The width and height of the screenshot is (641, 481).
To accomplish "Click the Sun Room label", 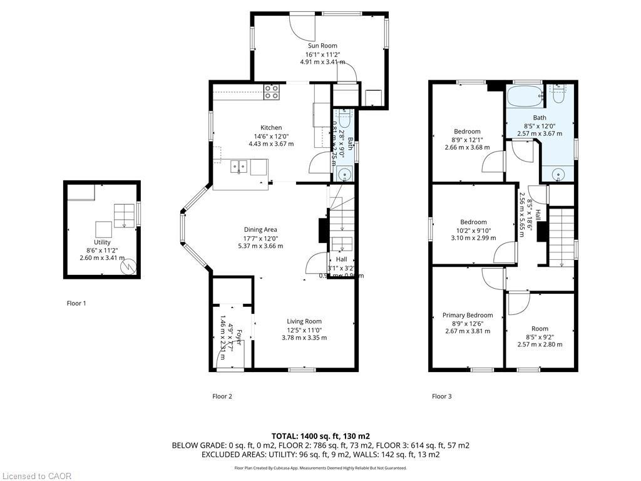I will coord(322,46).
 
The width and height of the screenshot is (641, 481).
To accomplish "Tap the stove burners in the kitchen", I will coord(272,92).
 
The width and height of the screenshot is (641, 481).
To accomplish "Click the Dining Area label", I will coord(260,229).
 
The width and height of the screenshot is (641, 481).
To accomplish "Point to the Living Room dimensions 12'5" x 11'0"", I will coord(304,330).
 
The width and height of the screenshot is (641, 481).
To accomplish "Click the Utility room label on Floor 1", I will coord(102,242).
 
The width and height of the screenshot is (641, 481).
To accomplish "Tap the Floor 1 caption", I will coord(76,303).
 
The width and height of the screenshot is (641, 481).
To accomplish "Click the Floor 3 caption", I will coord(441,396).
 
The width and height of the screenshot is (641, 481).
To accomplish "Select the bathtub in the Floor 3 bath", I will coord(525,98).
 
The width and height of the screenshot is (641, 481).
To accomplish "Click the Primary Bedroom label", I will coord(468,315).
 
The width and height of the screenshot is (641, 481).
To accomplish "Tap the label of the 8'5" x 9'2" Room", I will coord(540,328).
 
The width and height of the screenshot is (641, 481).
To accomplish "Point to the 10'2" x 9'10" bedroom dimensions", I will coord(473,230).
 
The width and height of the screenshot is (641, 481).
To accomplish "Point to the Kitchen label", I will coord(271,128).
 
